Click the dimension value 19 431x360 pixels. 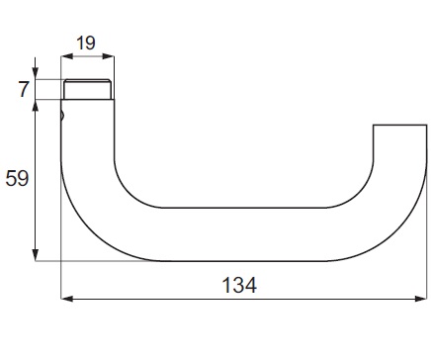(x=86, y=44)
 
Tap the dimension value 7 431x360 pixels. (x=24, y=89)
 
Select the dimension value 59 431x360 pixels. (x=17, y=179)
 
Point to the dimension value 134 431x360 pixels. (x=239, y=285)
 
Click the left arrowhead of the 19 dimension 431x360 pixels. (x=67, y=56)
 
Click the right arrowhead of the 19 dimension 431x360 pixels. (x=108, y=56)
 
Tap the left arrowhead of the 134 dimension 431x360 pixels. (x=67, y=299)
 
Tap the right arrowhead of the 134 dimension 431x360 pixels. (x=421, y=299)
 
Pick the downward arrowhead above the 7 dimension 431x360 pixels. (x=36, y=73)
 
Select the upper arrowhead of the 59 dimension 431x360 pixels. (x=36, y=106)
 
